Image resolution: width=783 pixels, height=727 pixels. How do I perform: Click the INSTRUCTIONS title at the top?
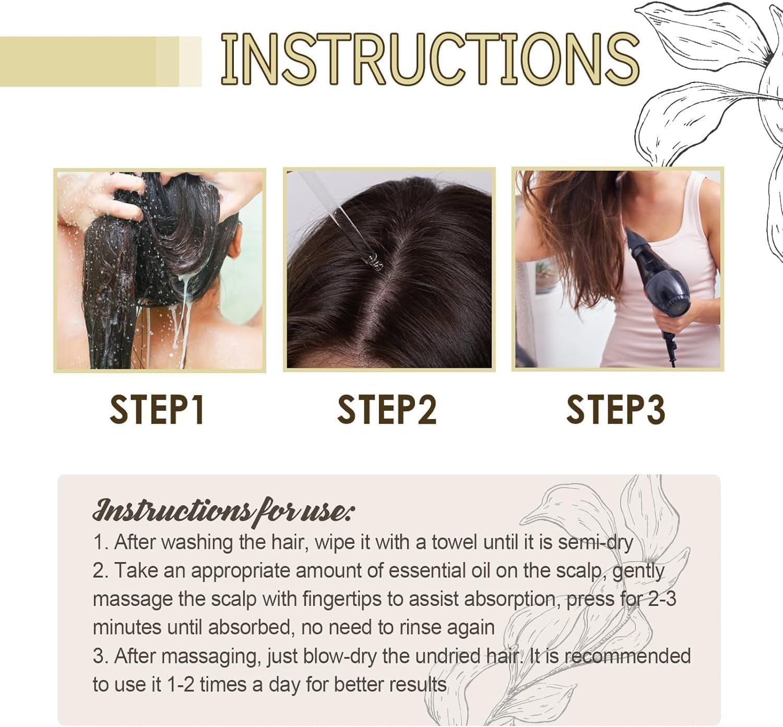tap(430, 59)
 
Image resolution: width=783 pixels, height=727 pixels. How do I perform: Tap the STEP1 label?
tap(157, 410)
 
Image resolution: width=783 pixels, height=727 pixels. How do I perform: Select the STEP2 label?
tap(386, 410)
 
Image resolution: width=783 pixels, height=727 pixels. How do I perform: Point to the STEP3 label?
tap(615, 410)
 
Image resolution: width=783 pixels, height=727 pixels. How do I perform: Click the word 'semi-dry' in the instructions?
tap(595, 542)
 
